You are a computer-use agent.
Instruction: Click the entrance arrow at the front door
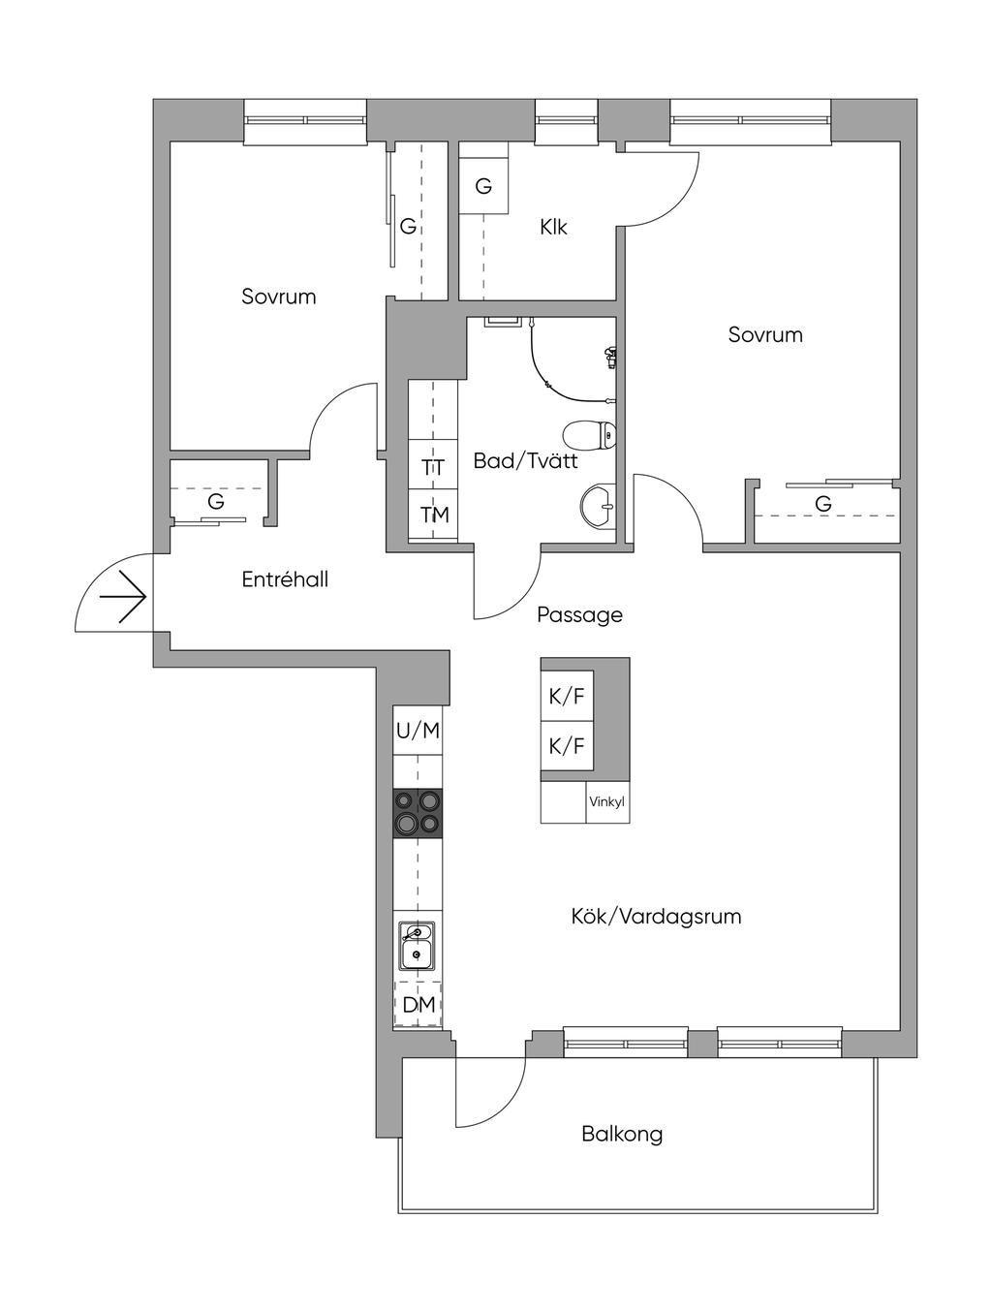click(123, 597)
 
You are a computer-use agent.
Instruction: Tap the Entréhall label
click(285, 579)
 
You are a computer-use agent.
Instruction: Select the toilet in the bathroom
click(590, 435)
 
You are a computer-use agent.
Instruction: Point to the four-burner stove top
click(418, 814)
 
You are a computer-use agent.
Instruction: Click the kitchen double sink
click(417, 946)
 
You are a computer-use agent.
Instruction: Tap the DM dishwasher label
click(418, 1005)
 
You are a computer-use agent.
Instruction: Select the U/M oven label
click(418, 731)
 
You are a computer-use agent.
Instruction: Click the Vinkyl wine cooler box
click(606, 802)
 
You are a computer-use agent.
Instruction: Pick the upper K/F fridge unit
click(567, 696)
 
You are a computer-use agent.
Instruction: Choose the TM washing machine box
click(433, 515)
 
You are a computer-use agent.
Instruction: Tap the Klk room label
click(553, 228)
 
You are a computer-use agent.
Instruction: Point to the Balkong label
click(622, 1134)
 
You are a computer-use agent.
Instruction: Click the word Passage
click(579, 615)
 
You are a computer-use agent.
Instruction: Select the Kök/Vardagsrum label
click(656, 916)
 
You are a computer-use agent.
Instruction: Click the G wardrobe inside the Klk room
click(483, 186)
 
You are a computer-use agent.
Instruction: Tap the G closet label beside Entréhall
click(216, 501)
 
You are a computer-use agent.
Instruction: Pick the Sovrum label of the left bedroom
click(279, 297)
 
